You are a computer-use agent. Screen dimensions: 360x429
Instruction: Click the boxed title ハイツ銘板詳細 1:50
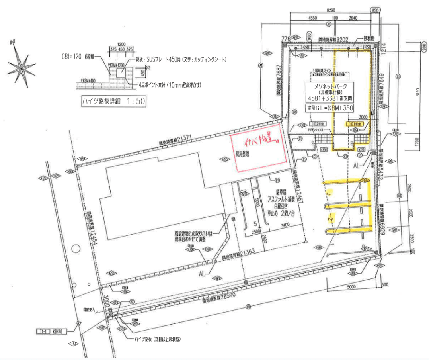[x=113, y=102]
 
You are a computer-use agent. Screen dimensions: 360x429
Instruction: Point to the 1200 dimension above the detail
[x=122, y=44]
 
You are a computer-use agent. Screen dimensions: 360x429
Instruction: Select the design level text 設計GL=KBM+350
[x=330, y=108]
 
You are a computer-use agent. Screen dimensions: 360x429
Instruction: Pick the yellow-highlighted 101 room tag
[x=354, y=124]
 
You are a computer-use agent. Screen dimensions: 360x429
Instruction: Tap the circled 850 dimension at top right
[x=374, y=11]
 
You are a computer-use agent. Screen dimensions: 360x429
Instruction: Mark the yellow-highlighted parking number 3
[x=329, y=193]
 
